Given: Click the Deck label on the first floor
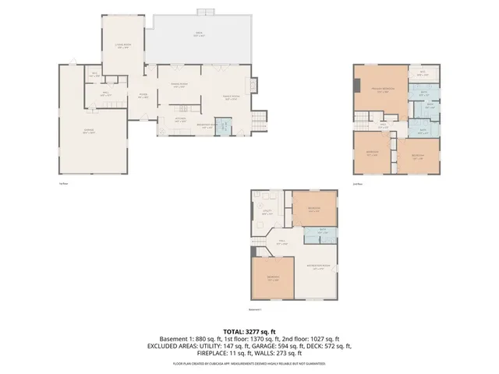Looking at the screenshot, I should pos(200,34).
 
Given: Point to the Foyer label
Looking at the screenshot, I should pos(143,96).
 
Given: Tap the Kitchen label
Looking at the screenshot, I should pos(180,120).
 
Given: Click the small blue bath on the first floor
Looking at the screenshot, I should pos(222,126).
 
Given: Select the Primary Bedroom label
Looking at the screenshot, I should pos(380,90).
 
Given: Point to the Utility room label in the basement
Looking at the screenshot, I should pos(266,213).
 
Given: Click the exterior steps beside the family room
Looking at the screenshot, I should pos(258,119).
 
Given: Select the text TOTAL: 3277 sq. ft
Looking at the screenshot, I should pos(249,331).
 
